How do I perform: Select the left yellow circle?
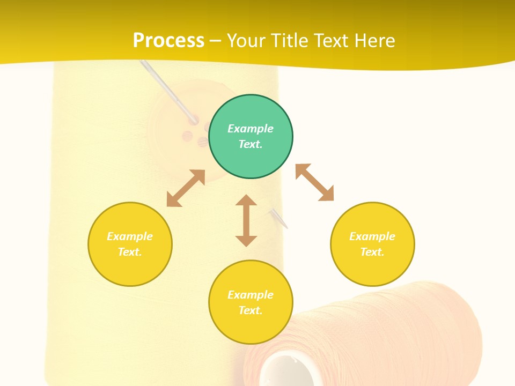[x=130, y=244]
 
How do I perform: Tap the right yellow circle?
[x=372, y=244]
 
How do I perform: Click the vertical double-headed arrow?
[x=246, y=220]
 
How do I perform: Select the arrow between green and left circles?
[x=186, y=188]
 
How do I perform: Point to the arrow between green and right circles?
[x=314, y=182]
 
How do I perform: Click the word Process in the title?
[x=168, y=40]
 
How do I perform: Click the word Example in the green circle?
[x=251, y=129]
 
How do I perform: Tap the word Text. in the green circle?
[x=251, y=144]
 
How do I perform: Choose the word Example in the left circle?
[x=130, y=236]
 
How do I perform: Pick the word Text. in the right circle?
[x=372, y=252]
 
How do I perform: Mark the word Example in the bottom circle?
[x=251, y=295]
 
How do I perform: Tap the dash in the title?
[x=216, y=41]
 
